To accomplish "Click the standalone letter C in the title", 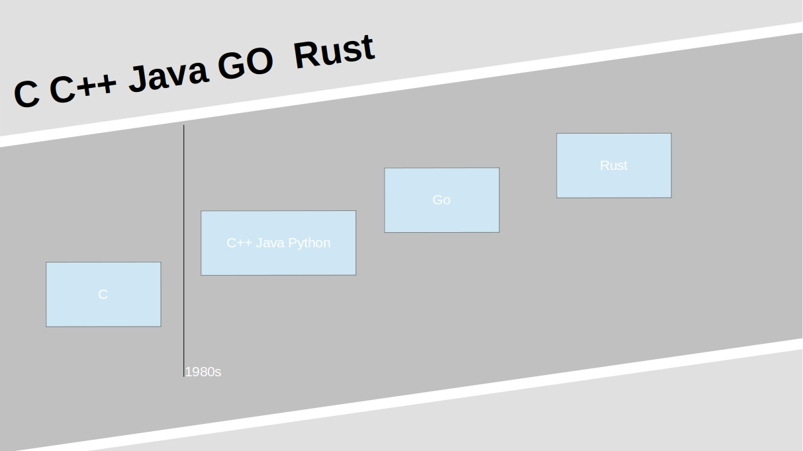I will pos(27,93).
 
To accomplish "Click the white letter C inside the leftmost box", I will pos(103,294).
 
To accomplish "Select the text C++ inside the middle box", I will pos(239,243).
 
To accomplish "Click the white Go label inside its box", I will pos(442,200).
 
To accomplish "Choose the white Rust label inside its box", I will pos(613,165).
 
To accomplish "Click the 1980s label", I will pos(203,372).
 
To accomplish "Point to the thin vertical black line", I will pos(184,251).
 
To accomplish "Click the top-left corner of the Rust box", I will pos(557,134).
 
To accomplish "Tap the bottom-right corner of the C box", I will pos(160,326).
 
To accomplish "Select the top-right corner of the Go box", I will pos(499,168).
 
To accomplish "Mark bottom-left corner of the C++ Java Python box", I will pos(201,274).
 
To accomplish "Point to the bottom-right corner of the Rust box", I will pos(671,197).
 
